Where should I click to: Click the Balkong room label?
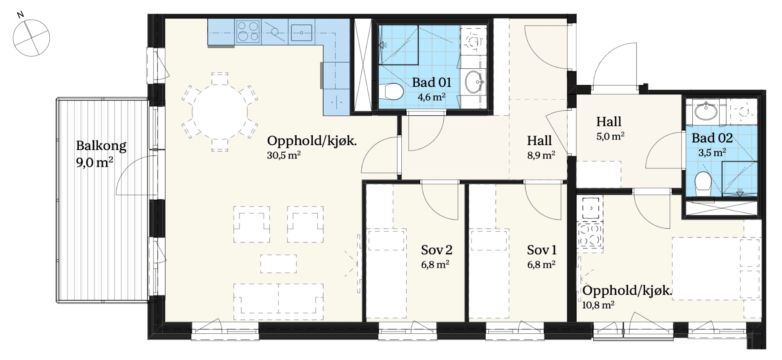click(x=101, y=146)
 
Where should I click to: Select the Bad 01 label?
click(x=432, y=82)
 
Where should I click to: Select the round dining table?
click(x=220, y=112)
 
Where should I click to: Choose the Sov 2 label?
click(x=437, y=250)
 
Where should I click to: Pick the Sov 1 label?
click(x=541, y=250)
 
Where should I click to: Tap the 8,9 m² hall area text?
click(x=541, y=155)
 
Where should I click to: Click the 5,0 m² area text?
click(x=611, y=136)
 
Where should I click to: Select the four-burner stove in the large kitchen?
click(x=249, y=32)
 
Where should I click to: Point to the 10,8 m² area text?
click(x=598, y=305)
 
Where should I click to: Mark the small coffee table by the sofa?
click(x=279, y=264)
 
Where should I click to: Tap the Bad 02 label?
click(x=712, y=138)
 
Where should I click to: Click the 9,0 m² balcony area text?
click(x=95, y=163)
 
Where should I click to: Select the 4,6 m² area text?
click(x=431, y=97)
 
